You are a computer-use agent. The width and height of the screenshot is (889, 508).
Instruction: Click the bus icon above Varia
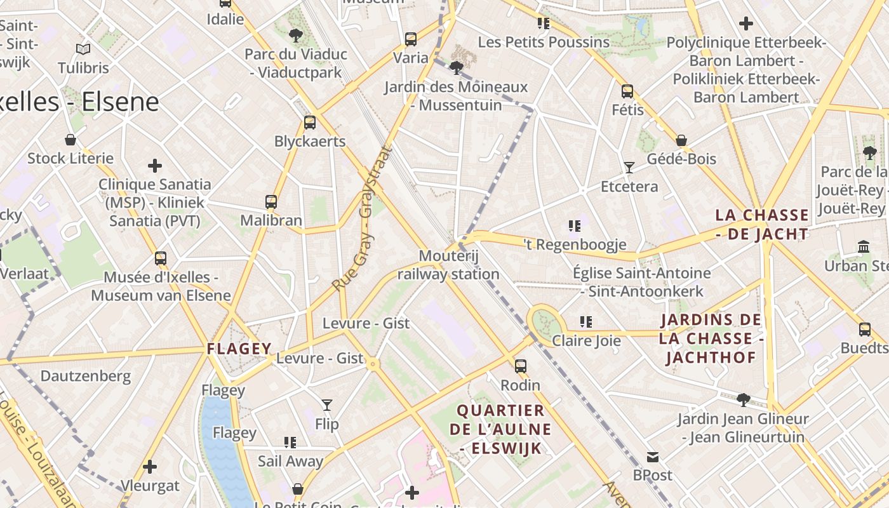pos(411,39)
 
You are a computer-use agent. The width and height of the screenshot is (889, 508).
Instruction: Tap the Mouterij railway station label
pos(448,265)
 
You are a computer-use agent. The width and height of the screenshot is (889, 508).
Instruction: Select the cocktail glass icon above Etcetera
pos(629,168)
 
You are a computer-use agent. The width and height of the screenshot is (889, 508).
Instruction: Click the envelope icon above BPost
pos(653,457)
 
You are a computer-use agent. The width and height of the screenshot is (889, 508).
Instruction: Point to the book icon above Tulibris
pos(83,49)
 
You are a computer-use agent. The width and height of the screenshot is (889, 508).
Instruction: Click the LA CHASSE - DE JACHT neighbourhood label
pos(762,224)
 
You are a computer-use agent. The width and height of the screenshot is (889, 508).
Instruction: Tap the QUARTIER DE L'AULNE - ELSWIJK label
pos(500,429)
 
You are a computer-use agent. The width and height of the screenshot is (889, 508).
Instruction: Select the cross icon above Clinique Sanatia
pos(155,166)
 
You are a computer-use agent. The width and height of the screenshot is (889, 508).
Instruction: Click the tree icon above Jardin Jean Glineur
pos(743,400)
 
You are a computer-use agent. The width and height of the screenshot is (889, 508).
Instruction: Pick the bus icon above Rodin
pos(521,366)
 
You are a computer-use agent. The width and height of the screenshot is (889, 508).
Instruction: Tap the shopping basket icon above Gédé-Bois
pos(681,140)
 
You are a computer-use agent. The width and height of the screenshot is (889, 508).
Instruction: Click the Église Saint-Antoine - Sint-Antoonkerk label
pos(641,282)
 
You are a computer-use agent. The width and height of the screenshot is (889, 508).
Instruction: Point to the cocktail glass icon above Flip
pos(326,405)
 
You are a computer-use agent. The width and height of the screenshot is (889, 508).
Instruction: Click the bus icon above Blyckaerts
pos(310,123)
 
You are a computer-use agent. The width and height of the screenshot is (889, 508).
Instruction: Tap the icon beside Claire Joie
pos(585,322)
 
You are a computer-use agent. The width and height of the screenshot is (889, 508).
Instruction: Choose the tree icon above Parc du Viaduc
pos(295,36)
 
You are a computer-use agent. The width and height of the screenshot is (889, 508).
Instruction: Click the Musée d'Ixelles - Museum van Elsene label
pos(161,286)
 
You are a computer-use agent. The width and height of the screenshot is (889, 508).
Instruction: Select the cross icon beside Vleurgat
pos(150,467)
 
